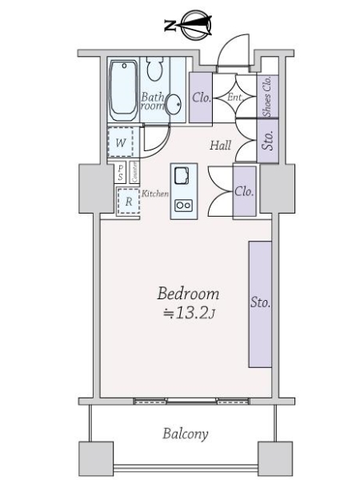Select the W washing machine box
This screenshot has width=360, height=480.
pos(121,143)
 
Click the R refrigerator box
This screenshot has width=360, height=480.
pos(128,202)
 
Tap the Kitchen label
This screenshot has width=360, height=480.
pos(155,194)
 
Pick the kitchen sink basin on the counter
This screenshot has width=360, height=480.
pos(181,175)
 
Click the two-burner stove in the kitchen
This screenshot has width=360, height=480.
pos(182,206)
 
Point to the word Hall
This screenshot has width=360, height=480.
pos(221,146)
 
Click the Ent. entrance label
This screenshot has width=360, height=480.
pos(234,98)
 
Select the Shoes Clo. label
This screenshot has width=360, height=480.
pos(267,96)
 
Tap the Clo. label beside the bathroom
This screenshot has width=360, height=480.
pos(202,98)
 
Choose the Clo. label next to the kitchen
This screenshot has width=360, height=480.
pos(244,191)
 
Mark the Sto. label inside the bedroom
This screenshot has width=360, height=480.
pos(260,303)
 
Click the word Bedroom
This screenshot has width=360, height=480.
pos(187,294)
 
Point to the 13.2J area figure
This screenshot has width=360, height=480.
pos(190,313)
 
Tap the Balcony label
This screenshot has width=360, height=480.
pos(186,434)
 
